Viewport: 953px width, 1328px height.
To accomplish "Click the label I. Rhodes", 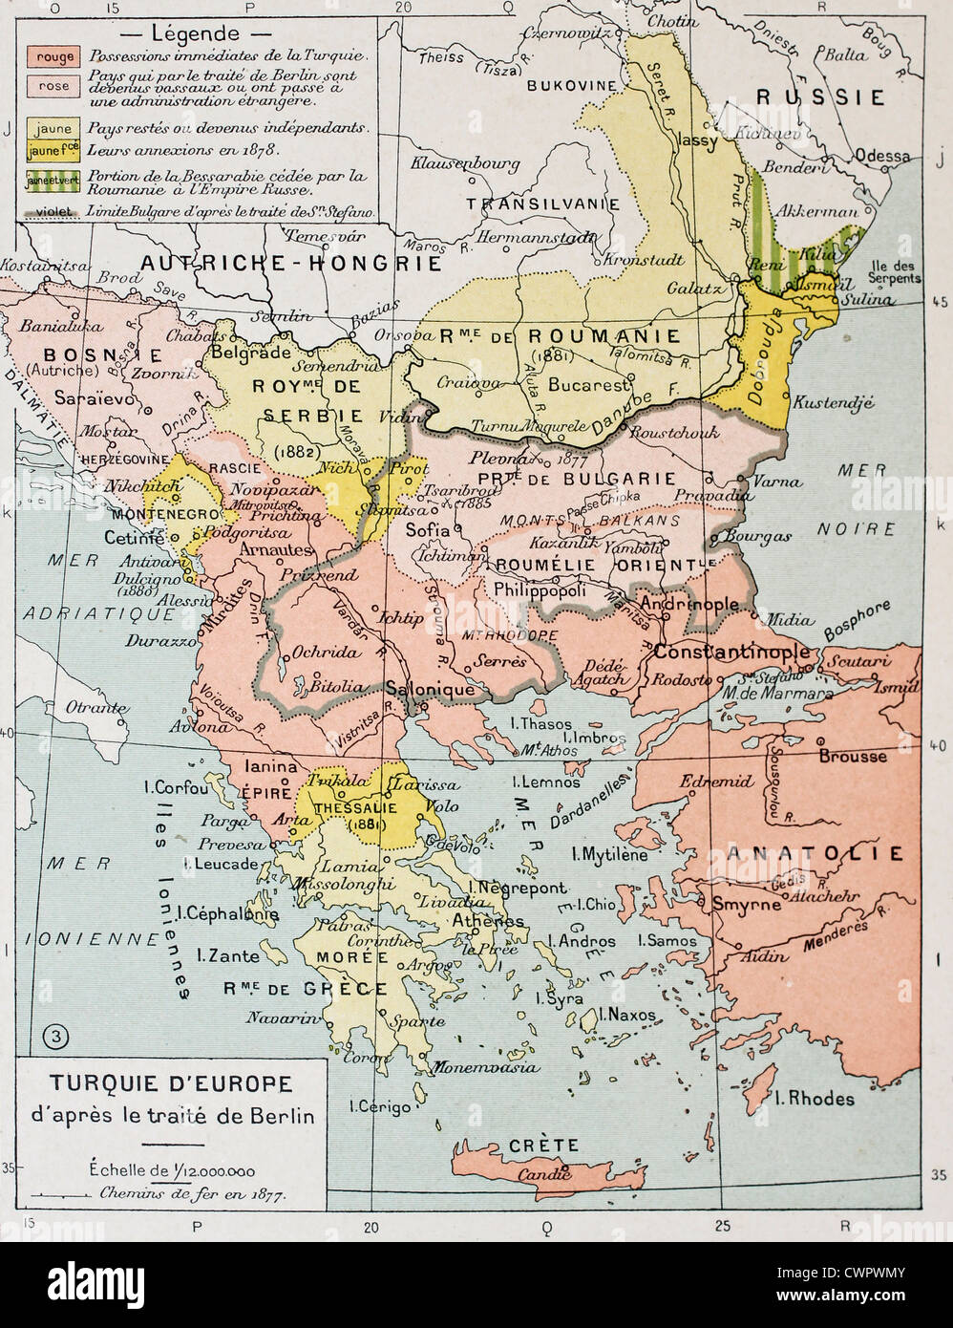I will tap(814, 1099).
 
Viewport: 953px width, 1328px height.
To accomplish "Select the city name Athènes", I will tap(487, 921).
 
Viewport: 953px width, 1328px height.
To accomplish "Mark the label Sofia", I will tap(427, 526).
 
